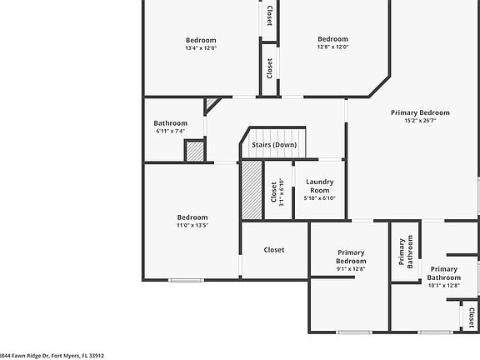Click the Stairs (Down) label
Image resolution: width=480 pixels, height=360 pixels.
point(274,145)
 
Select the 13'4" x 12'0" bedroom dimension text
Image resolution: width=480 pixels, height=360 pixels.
point(201,48)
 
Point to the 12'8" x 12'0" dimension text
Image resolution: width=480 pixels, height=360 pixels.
point(332,47)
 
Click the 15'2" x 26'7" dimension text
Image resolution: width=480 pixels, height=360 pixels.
point(421,121)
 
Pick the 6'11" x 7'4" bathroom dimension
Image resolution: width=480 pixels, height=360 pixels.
point(171,132)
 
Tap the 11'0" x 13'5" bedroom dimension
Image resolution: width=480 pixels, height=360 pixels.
point(192,225)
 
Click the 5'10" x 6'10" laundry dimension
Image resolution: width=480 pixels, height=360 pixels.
point(320,197)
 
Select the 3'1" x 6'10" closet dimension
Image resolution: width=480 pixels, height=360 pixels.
point(282,193)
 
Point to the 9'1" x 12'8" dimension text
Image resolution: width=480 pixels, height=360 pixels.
point(351,269)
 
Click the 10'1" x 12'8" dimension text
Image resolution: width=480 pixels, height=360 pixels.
point(443,286)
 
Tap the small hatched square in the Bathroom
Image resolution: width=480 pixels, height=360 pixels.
point(194,152)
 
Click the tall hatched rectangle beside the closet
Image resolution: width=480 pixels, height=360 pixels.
point(252,190)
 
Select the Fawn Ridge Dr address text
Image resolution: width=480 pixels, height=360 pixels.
point(52,355)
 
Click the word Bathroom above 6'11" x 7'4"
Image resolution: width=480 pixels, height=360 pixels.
point(171,123)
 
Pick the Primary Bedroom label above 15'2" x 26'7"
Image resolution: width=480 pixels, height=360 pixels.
point(421,112)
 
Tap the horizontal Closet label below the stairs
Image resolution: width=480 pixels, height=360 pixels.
point(274,250)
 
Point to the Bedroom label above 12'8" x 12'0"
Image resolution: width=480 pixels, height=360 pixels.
point(332,39)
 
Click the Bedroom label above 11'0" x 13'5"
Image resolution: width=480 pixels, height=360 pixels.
point(192,217)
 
